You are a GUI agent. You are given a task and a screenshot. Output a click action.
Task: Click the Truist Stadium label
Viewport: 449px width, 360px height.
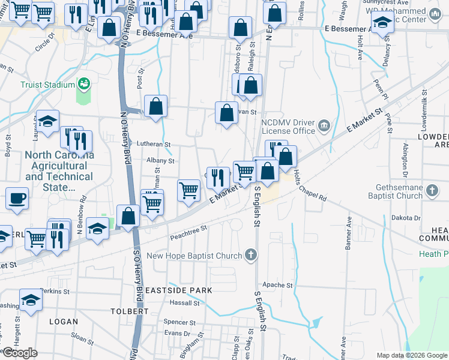point(47,85)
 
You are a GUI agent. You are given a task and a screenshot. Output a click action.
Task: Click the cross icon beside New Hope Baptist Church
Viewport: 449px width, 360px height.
point(251,256)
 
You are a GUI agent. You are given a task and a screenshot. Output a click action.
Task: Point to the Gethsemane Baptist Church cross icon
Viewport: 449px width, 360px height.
point(432,191)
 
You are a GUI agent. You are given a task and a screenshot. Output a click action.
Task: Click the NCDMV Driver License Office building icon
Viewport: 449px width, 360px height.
point(324,125)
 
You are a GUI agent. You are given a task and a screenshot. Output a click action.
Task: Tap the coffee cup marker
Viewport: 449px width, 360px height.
point(17,198)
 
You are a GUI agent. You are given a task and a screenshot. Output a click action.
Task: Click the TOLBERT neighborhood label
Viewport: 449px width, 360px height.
point(130,311)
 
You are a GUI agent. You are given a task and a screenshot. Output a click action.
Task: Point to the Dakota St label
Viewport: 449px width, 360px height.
point(406,218)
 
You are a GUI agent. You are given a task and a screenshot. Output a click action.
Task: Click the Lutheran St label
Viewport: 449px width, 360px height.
point(154,145)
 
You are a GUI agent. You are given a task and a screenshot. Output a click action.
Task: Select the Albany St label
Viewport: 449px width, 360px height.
point(160,161)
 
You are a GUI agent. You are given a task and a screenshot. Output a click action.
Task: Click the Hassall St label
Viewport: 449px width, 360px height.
point(184,304)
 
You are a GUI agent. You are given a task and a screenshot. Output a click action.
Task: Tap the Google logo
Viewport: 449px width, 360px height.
point(20,353)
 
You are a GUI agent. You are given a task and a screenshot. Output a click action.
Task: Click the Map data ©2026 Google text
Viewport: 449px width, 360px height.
point(411,355)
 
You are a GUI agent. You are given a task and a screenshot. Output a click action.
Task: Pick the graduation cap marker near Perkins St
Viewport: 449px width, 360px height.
point(31,301)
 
